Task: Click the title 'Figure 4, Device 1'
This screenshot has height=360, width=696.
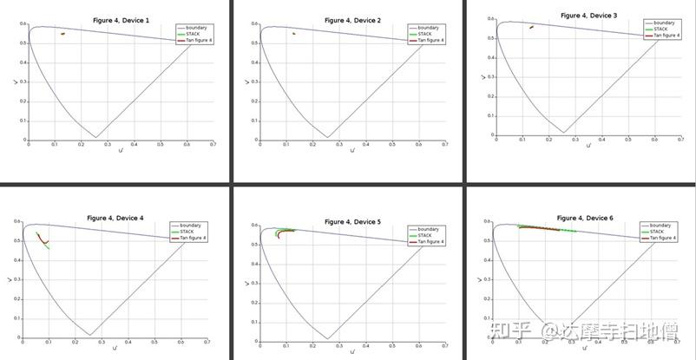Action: (119, 18)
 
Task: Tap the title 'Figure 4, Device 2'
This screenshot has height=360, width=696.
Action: (351, 18)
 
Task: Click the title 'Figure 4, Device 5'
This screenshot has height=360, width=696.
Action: (351, 222)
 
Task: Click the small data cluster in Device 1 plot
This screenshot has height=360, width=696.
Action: (62, 34)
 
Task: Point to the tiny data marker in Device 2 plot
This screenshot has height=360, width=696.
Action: (294, 34)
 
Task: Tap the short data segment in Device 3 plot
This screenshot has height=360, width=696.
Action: (531, 27)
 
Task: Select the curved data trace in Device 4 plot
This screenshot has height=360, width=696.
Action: (42, 239)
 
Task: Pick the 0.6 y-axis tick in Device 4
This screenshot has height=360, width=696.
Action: (18, 224)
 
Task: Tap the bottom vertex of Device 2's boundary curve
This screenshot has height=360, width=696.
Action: (327, 137)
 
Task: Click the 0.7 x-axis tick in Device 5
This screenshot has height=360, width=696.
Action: (445, 345)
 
